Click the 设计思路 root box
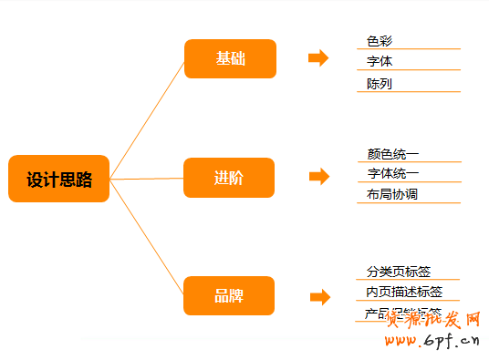click(x=58, y=179)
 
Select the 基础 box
click(x=230, y=58)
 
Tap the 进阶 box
click(x=229, y=178)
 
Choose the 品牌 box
click(x=229, y=296)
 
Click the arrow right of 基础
click(x=318, y=58)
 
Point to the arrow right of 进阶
click(x=318, y=177)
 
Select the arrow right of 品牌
click(x=319, y=297)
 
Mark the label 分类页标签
click(x=399, y=272)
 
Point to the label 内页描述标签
click(x=404, y=292)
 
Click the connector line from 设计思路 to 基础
click(x=146, y=119)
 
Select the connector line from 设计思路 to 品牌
click(x=146, y=238)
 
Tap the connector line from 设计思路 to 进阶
click(x=146, y=179)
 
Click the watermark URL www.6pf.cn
click(x=433, y=342)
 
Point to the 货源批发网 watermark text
click(x=434, y=319)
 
